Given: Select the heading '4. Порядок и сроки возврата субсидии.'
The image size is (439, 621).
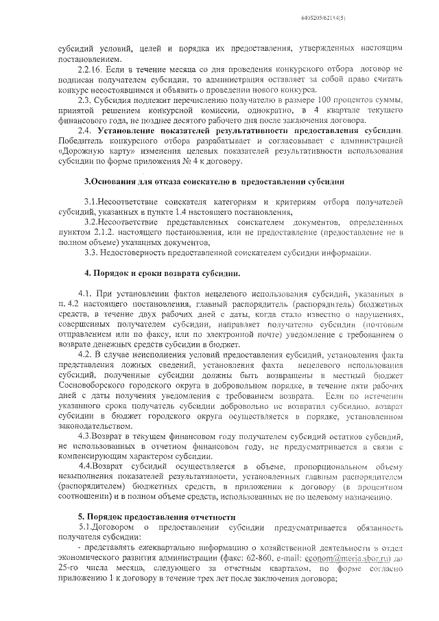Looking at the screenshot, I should click(163, 274).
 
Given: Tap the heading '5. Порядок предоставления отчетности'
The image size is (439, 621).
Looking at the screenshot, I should click(157, 516).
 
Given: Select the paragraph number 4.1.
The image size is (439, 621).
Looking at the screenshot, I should click(88, 293).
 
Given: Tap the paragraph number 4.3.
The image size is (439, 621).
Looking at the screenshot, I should click(88, 436).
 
